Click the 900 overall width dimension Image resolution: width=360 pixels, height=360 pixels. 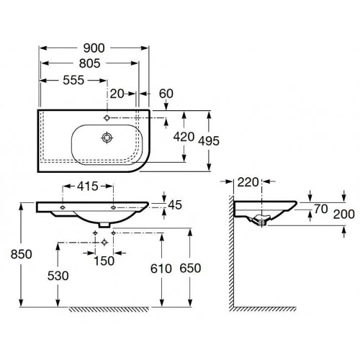pos(94,48)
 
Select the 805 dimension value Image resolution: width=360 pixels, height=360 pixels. pos(89,63)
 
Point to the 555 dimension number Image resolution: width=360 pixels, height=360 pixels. pos(73,81)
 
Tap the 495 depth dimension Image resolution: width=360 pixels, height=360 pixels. pos(209,141)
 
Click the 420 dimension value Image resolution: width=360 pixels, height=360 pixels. pos(184,137)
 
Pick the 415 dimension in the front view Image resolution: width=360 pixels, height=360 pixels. pos(88,186)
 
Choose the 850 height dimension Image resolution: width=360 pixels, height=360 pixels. pos(21,254)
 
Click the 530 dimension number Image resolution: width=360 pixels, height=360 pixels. pos(58,276)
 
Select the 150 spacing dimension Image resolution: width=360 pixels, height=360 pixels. pos(104,261)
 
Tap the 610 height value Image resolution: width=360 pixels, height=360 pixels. pos(161,269)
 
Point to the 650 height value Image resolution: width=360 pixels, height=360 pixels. pos(190,269)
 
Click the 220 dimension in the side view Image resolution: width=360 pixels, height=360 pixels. pos(248,182)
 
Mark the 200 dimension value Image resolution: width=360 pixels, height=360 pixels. pos(343,214)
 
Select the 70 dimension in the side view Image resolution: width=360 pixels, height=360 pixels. pos(321,210)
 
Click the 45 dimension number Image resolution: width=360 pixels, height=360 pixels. pos(175,205)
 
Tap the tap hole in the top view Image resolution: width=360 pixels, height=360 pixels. pos(107,118)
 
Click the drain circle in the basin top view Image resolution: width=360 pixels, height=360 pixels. pos(107,138)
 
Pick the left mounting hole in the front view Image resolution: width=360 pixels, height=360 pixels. pos(63,207)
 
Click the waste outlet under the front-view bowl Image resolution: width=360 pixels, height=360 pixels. pos(104,225)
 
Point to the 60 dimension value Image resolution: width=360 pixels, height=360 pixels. pos(166,94)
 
